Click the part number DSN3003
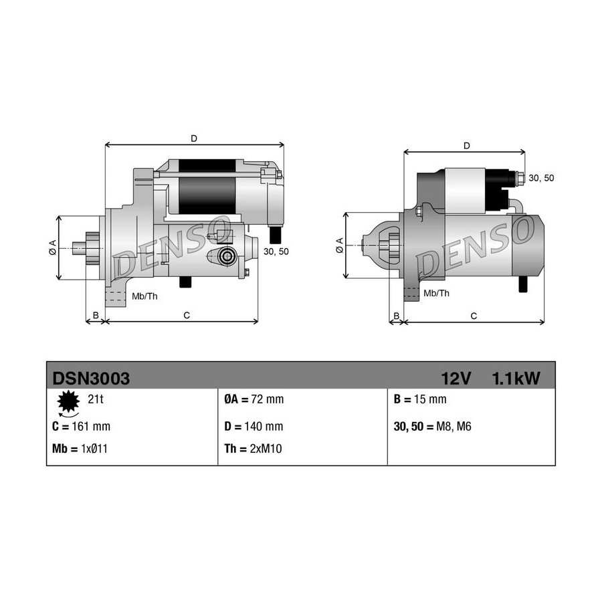tap(91, 379)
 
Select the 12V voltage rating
tap(456, 379)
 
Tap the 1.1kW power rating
tap(516, 379)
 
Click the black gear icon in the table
tap(68, 401)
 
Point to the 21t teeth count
tap(96, 399)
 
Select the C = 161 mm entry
tap(82, 427)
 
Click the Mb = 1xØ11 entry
tap(80, 449)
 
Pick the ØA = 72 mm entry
tap(254, 399)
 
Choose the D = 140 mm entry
tap(254, 427)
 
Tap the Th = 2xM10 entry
tap(253, 449)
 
